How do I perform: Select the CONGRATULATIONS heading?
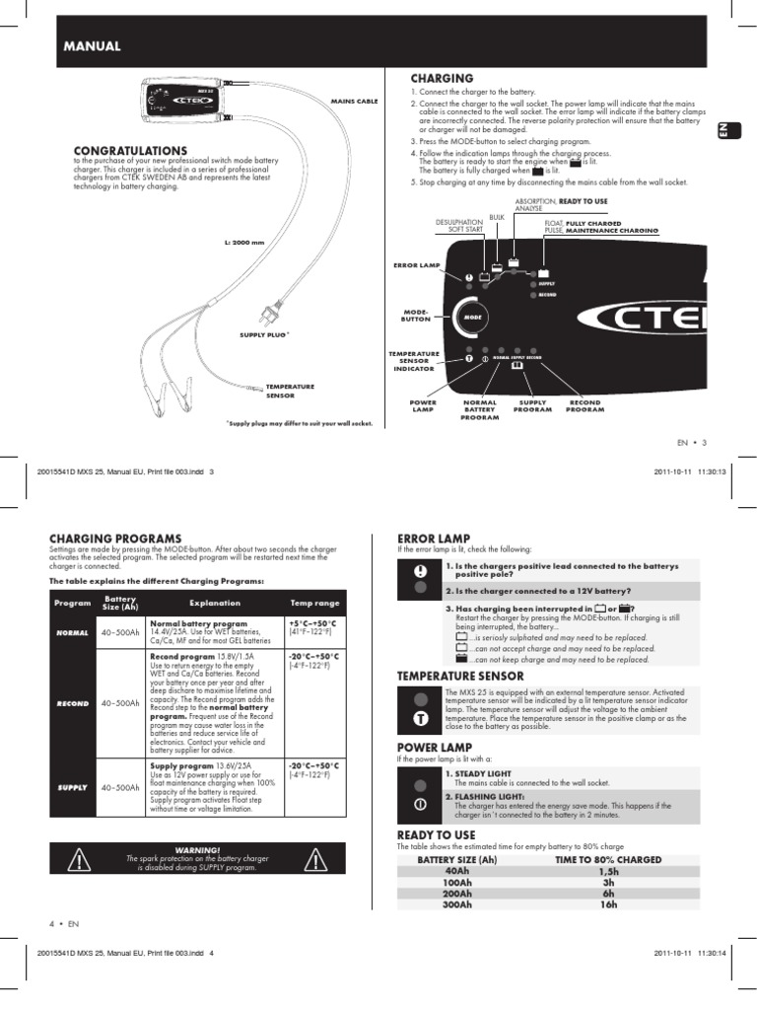[x=130, y=150]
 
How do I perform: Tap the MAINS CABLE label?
[x=356, y=102]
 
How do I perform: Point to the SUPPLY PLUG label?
[x=264, y=335]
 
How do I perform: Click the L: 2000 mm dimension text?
[x=244, y=242]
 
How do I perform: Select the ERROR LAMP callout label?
[x=414, y=265]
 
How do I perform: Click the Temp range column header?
[x=313, y=603]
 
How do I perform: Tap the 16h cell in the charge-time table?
[x=609, y=903]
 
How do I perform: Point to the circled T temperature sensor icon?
[x=420, y=719]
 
